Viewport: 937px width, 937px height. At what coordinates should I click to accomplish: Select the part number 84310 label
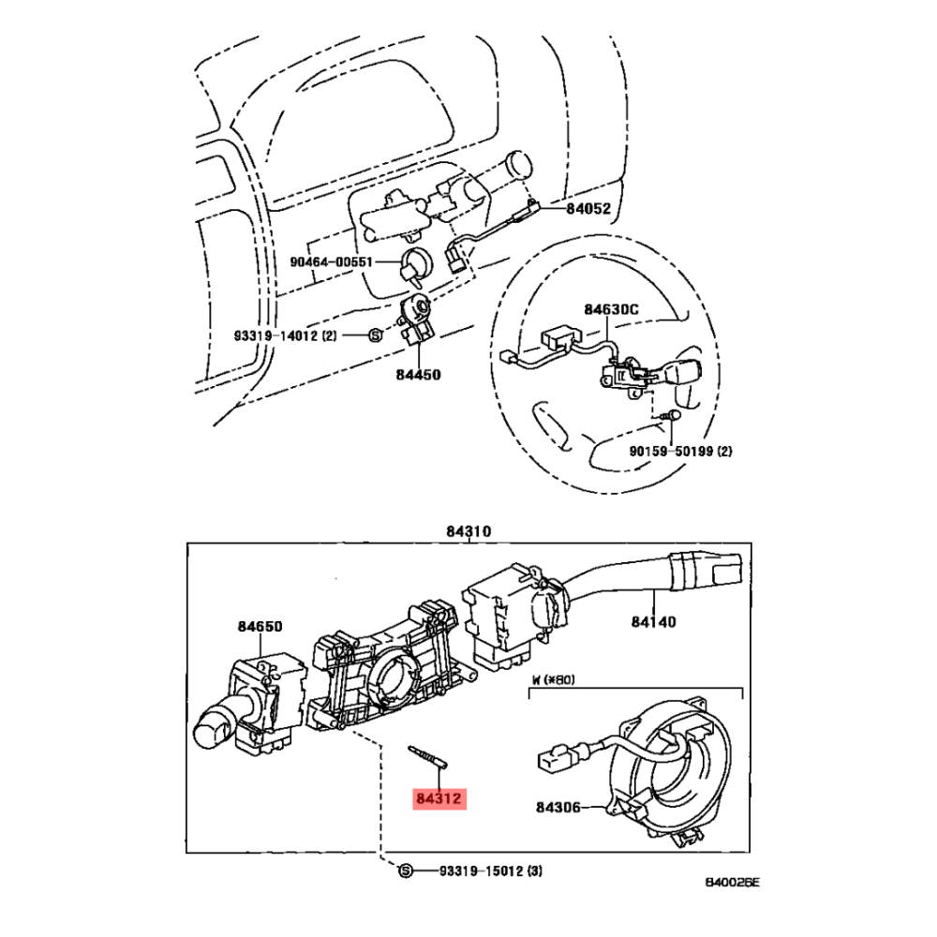(x=468, y=531)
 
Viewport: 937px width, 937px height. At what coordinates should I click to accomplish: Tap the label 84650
(x=260, y=626)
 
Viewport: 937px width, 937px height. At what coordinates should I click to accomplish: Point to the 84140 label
(x=653, y=620)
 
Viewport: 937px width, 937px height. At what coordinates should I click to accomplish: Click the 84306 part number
(x=559, y=806)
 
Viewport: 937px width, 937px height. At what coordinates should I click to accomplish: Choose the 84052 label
(x=587, y=209)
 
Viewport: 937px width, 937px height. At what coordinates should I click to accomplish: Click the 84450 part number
(x=417, y=374)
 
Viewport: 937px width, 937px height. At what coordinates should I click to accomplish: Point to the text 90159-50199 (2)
(x=680, y=451)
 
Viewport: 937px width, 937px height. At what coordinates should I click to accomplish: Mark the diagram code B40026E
(x=732, y=883)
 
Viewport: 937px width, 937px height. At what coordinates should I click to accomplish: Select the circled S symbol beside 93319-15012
(x=406, y=871)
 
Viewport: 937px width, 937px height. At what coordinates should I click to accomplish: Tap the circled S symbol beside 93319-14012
(x=373, y=335)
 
